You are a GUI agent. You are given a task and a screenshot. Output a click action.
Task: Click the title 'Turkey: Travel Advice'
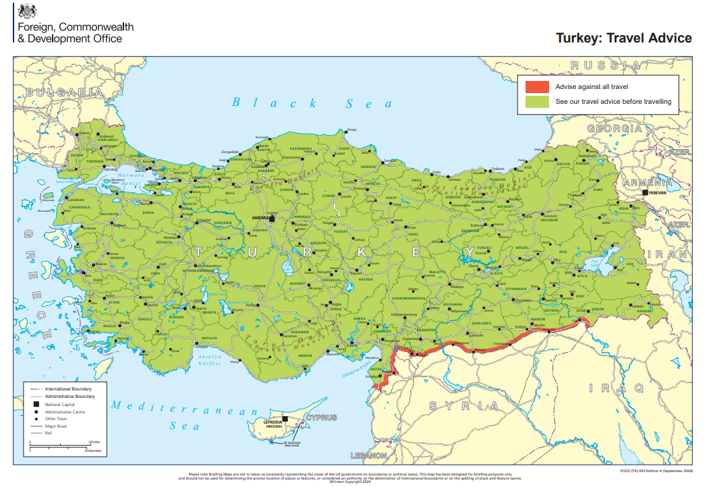pyautogui.click(x=623, y=38)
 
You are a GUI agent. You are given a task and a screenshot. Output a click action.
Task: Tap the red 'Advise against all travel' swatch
pyautogui.click(x=537, y=87)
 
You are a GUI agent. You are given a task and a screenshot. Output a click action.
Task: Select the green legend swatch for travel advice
pyautogui.click(x=537, y=102)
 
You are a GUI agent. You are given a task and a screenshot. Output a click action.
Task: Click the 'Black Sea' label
pyautogui.click(x=312, y=103)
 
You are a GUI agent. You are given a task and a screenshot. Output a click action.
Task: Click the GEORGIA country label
pyautogui.click(x=615, y=128)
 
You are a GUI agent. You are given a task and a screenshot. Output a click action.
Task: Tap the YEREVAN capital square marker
pyautogui.click(x=646, y=192)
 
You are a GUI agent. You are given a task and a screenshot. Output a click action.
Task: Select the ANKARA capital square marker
pyautogui.click(x=272, y=219)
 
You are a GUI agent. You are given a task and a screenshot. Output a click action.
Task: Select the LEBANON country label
pyautogui.click(x=368, y=456)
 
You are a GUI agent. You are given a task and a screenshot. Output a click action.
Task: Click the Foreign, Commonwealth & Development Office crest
pyautogui.click(x=27, y=11)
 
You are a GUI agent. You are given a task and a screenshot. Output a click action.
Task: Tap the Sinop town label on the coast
pyautogui.click(x=351, y=130)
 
